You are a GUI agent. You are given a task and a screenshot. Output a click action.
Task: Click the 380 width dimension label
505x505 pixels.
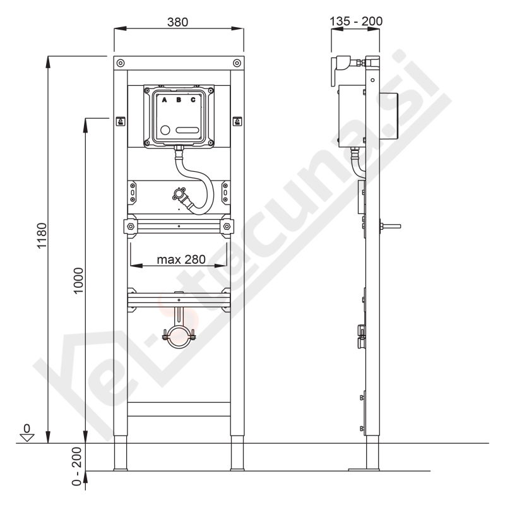click(177, 22)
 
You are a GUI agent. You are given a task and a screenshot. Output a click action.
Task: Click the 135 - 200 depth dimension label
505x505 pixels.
click(356, 21)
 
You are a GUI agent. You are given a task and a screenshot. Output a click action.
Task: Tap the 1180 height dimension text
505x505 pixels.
click(42, 235)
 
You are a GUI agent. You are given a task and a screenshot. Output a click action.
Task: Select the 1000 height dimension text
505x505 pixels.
click(78, 280)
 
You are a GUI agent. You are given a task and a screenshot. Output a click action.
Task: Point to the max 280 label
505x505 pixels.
click(181, 259)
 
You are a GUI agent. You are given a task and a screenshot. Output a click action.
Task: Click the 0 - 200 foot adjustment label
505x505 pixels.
click(76, 466)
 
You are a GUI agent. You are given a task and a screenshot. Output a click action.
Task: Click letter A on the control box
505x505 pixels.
click(164, 100)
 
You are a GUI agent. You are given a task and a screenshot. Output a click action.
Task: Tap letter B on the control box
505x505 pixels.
click(179, 100)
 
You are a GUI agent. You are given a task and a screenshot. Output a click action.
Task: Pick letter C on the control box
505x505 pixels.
click(193, 100)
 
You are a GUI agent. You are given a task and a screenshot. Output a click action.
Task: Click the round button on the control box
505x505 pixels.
click(165, 130)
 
